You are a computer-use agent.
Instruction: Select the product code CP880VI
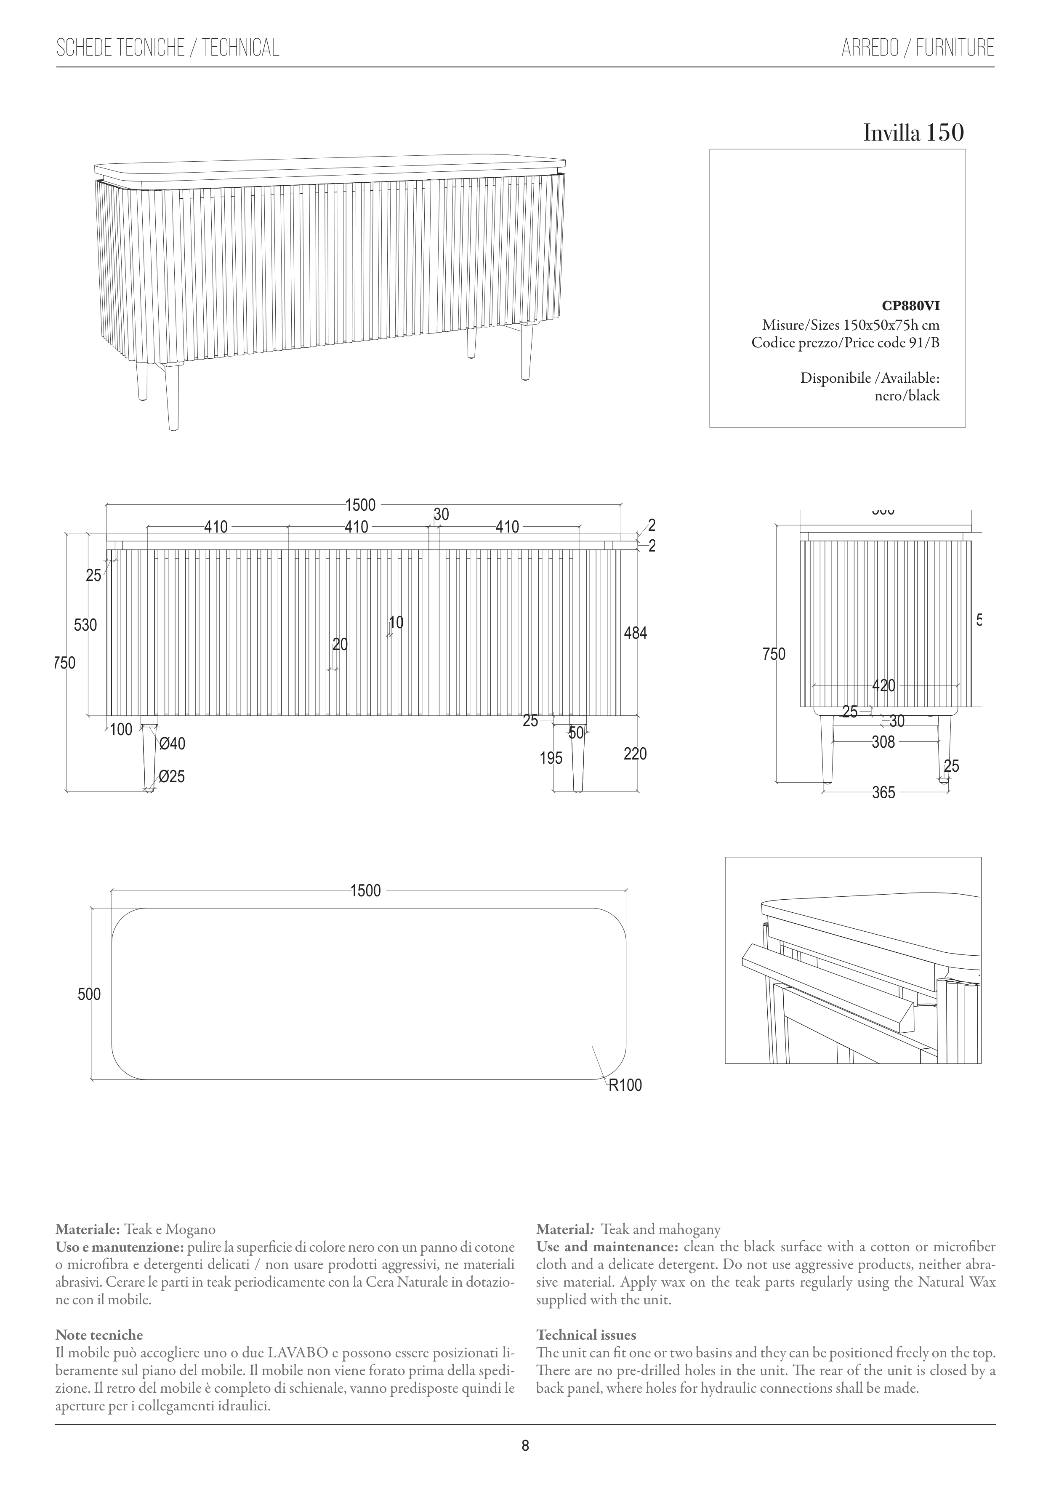coord(910,307)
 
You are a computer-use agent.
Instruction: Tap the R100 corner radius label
coord(625,1085)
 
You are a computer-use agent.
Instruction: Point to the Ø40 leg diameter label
coord(172,744)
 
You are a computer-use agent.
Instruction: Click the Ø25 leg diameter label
coord(172,776)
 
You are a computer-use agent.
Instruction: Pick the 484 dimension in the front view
coord(635,633)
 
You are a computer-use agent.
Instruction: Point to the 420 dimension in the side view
coord(883,686)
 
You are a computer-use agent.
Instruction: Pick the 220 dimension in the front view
coord(635,754)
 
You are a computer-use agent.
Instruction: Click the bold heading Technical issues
coord(586,1335)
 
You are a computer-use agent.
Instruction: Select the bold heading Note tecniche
coord(99,1335)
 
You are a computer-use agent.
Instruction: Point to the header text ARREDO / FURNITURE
coord(918,48)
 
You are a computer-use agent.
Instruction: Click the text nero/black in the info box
coord(907,396)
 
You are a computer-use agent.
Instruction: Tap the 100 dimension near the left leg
coord(121,730)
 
